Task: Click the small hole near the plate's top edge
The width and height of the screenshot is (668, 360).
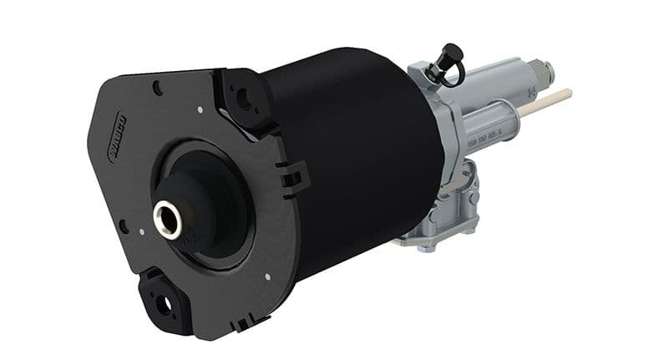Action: coord(158,86)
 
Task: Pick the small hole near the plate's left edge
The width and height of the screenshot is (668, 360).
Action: coord(124,226)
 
